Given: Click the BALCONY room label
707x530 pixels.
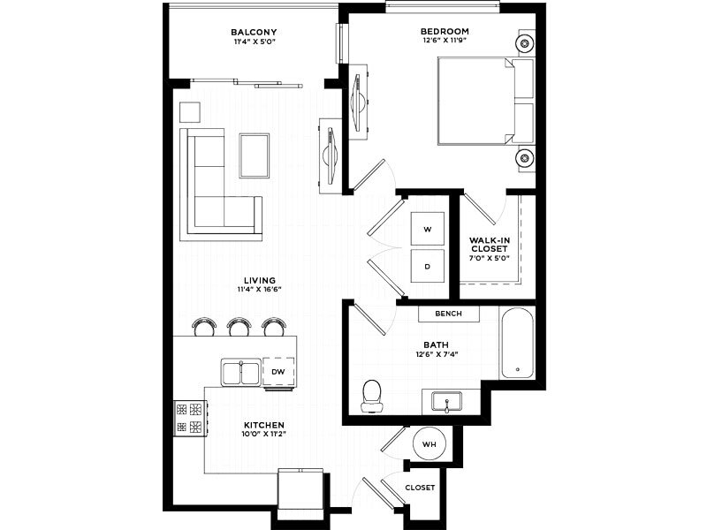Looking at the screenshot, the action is tap(254, 32).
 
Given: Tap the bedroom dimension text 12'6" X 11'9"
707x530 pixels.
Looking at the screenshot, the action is tap(445, 40).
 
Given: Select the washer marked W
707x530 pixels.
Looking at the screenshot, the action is tap(428, 229).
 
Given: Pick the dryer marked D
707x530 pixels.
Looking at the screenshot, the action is tap(428, 267).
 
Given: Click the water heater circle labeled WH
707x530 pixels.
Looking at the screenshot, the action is tap(430, 444).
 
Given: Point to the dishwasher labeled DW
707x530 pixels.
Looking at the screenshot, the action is tap(278, 372).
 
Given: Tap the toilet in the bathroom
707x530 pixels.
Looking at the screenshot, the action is tap(372, 396).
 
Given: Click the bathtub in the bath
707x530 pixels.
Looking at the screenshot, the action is tap(517, 343).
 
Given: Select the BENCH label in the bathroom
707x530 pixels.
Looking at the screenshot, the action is tap(448, 314).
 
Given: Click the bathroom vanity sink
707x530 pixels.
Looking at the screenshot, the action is tap(446, 401).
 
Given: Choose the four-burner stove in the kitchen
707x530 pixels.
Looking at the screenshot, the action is tap(190, 418).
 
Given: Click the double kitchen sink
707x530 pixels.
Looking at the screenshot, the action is tap(240, 372).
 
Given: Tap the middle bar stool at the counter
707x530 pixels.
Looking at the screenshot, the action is tap(239, 326).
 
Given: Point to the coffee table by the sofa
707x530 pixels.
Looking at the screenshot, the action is tap(255, 155).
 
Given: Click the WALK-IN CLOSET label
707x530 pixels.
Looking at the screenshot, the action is tap(490, 245).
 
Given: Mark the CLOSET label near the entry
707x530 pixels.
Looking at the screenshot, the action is tap(420, 488).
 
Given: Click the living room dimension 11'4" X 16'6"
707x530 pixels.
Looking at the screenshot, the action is tap(259, 290).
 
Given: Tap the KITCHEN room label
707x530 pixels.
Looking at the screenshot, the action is tap(264, 425).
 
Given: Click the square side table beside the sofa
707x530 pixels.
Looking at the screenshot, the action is tap(190, 112).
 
